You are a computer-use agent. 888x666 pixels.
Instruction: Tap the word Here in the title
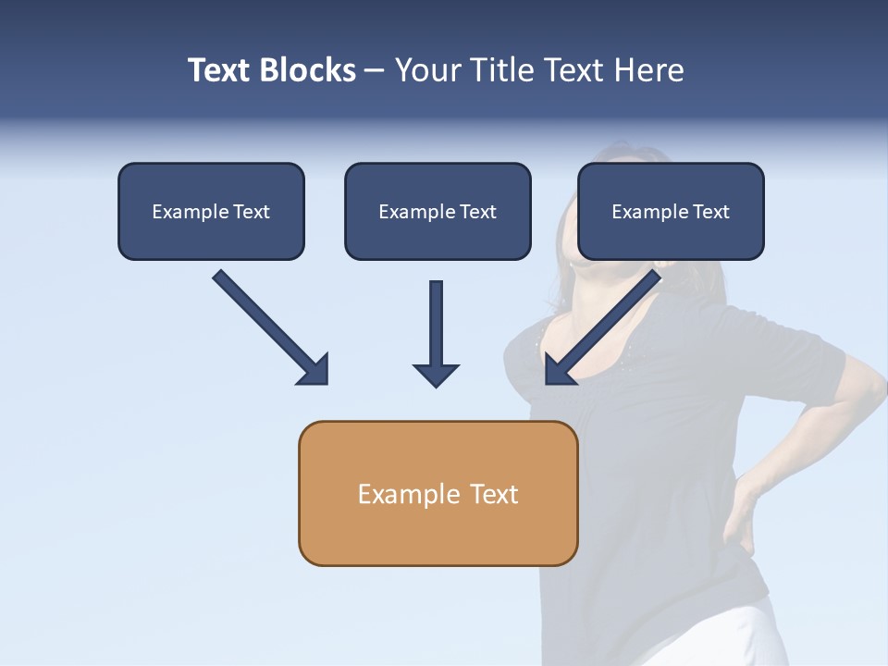(647, 70)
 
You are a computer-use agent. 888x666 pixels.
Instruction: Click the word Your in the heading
(426, 70)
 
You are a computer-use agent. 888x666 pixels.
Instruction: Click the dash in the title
(375, 71)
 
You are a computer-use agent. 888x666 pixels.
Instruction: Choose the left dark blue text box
(211, 211)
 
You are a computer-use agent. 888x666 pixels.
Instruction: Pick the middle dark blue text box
(438, 211)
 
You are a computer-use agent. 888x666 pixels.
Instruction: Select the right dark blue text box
(671, 211)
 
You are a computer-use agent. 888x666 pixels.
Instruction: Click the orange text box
(438, 493)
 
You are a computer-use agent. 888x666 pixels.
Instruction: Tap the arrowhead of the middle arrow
(436, 374)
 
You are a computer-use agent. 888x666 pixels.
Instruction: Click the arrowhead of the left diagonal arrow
(314, 369)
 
